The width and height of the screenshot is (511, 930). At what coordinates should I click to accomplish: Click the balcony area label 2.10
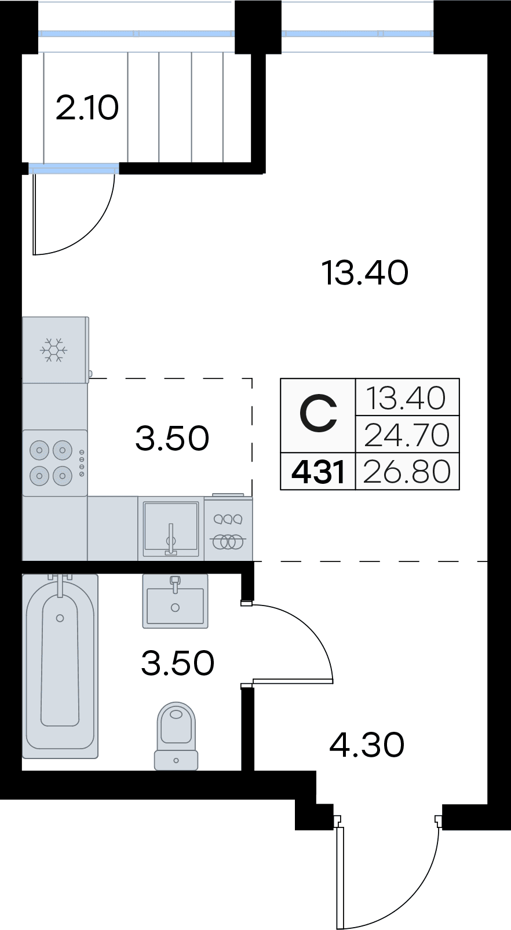coord(87,108)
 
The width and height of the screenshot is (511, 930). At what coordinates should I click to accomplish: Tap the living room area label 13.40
coord(365,273)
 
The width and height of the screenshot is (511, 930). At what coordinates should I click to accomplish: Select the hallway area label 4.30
coord(367,745)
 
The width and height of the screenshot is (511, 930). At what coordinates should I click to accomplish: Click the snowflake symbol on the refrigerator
coord(53,350)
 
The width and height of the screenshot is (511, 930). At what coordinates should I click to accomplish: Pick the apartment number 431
coord(318,472)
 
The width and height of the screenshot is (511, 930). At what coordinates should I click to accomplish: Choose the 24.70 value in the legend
coord(407,435)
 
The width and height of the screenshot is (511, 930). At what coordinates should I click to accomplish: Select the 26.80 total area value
coord(407,472)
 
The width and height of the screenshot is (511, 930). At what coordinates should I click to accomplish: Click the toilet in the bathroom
coord(176,736)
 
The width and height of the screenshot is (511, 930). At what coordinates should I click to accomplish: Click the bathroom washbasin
coord(175,601)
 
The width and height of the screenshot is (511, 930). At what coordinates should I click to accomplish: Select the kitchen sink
coord(170,528)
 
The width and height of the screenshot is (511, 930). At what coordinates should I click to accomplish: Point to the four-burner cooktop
coord(55,463)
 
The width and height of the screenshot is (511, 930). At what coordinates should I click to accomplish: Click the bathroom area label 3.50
coord(178,663)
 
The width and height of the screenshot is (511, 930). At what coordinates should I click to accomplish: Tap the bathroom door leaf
coord(293,680)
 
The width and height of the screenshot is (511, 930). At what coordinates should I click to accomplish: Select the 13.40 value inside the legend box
coord(407,397)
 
